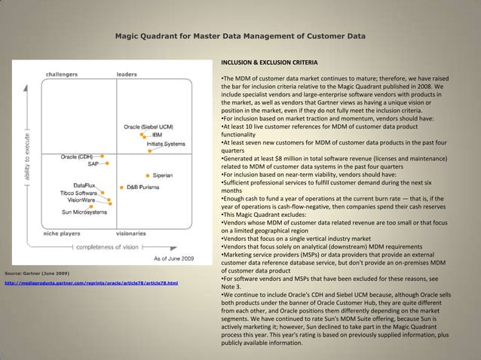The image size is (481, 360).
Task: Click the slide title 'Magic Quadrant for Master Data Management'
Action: pos(240,35)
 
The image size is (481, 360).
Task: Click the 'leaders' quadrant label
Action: pos(127,75)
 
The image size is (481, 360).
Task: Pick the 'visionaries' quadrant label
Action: pos(131,233)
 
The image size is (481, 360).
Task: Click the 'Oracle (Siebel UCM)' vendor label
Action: pos(149,127)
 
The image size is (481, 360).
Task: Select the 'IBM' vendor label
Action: pos(158,135)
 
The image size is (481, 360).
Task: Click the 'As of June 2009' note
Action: pos(173,259)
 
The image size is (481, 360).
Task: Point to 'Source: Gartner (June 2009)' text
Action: pos(38,272)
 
